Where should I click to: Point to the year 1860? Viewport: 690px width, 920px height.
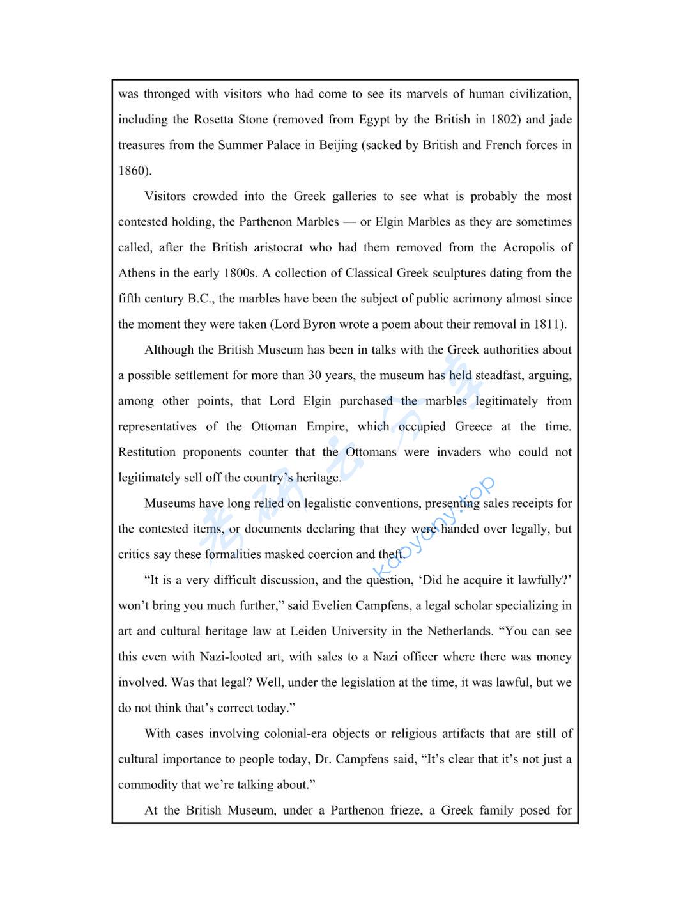pyautogui.click(x=134, y=171)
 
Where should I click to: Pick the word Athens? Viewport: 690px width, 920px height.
pyautogui.click(x=136, y=273)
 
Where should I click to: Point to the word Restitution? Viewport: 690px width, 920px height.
pyautogui.click(x=146, y=452)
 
